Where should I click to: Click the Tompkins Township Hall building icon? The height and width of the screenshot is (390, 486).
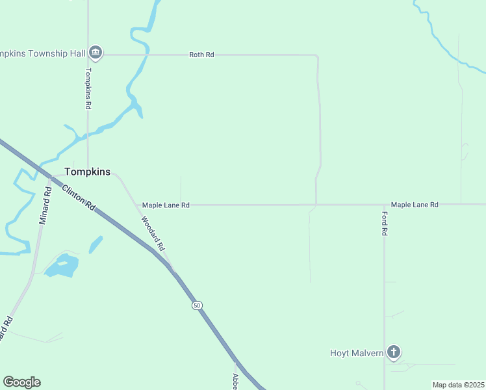[x=96, y=52]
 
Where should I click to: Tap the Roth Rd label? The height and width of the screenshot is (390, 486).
[x=201, y=55]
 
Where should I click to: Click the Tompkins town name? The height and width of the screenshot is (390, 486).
[x=87, y=172]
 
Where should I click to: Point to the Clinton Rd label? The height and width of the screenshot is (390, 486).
[x=79, y=197]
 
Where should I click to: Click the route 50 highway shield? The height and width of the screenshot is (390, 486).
[x=197, y=305]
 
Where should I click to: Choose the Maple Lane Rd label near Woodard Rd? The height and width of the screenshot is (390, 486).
[x=166, y=205]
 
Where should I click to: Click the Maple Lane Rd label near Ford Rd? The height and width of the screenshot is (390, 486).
[x=415, y=205]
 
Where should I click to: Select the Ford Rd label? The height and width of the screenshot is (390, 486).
[x=385, y=223]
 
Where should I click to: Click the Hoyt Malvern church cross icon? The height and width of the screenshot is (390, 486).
[x=393, y=352]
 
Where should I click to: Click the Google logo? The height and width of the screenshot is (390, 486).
[x=21, y=382]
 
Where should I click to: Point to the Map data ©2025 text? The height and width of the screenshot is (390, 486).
[x=458, y=385]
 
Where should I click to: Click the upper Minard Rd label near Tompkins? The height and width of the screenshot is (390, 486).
[x=45, y=206]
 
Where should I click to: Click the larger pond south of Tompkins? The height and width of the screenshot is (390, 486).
[x=63, y=265]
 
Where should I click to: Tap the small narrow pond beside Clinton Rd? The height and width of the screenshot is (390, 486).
[x=96, y=244]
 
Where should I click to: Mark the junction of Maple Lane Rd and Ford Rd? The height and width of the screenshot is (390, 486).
[x=384, y=205]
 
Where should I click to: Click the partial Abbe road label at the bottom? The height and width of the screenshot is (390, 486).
[x=236, y=380]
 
